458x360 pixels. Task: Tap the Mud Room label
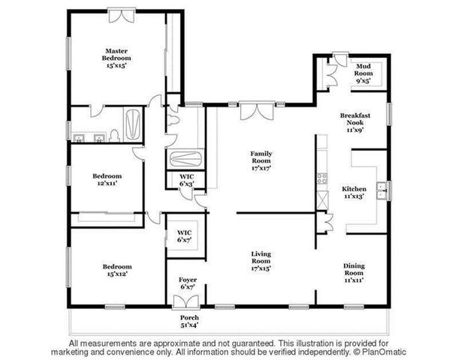pyautogui.click(x=364, y=70)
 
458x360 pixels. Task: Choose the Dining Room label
pyautogui.click(x=354, y=272)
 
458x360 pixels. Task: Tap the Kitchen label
pyautogui.click(x=354, y=191)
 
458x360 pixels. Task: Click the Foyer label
pyautogui.click(x=188, y=282)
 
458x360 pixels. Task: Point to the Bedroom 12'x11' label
pyautogui.click(x=107, y=179)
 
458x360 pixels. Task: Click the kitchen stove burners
pyautogui.click(x=321, y=178)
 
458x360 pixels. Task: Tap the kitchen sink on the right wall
pyautogui.click(x=383, y=189)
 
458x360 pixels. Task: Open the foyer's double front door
pyautogui.click(x=184, y=300)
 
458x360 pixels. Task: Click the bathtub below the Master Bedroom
pyautogui.click(x=132, y=125)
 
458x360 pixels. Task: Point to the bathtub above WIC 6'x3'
pyautogui.click(x=184, y=159)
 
